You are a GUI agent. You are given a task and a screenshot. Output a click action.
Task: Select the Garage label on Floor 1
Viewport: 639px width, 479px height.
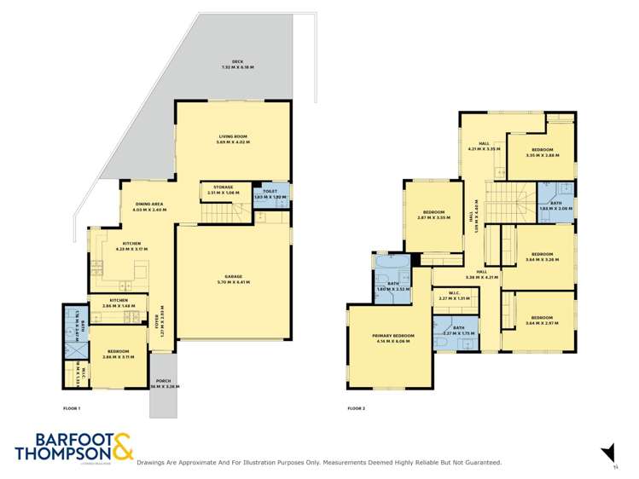(233, 279)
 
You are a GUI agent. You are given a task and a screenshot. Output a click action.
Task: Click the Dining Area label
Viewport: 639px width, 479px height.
(150, 206)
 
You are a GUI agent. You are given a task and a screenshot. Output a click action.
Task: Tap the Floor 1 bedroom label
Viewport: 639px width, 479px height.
(119, 354)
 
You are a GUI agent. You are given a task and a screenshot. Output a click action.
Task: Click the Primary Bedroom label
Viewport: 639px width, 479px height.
(393, 338)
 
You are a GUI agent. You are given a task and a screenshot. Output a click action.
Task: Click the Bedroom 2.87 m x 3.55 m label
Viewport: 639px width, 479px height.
(433, 214)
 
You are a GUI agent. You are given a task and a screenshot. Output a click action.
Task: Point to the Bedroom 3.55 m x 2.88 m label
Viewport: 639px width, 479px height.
(541, 152)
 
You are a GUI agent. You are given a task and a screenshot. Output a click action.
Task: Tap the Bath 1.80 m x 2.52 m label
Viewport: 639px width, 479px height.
(393, 286)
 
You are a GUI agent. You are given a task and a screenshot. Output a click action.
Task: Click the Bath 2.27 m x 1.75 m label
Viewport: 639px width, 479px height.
(459, 331)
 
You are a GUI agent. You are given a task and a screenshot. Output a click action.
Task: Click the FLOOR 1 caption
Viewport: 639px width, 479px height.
(71, 409)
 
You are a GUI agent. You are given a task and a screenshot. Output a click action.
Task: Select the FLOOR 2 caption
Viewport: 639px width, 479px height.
(355, 409)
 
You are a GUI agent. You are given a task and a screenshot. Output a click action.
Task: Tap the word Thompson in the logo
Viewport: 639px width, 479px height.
(60, 454)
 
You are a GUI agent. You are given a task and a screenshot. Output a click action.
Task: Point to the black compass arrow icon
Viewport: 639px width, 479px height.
(607, 452)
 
